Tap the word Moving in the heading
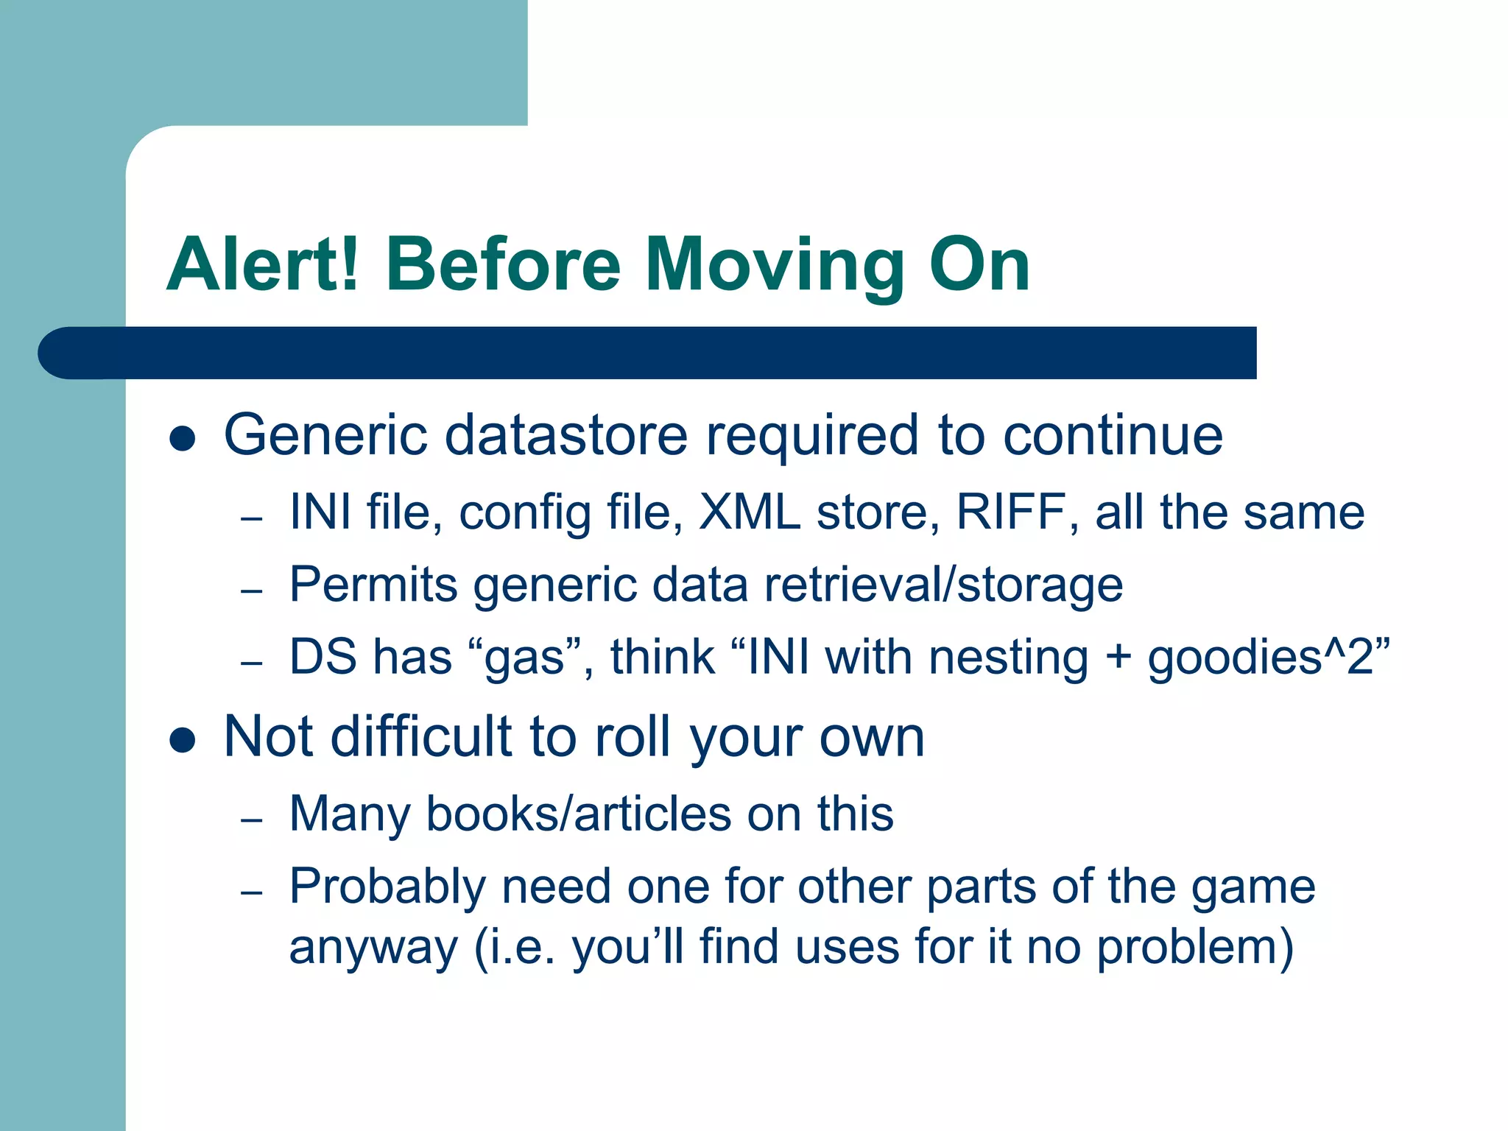(x=775, y=267)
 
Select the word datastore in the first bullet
(x=566, y=435)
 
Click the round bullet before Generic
(x=182, y=439)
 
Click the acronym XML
(x=749, y=512)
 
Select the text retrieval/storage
(x=943, y=585)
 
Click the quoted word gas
(x=524, y=657)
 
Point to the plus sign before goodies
(x=1118, y=658)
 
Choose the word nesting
(x=1008, y=658)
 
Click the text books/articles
(x=579, y=814)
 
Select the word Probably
(x=387, y=887)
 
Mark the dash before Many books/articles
(x=252, y=820)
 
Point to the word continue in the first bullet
(x=1113, y=435)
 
